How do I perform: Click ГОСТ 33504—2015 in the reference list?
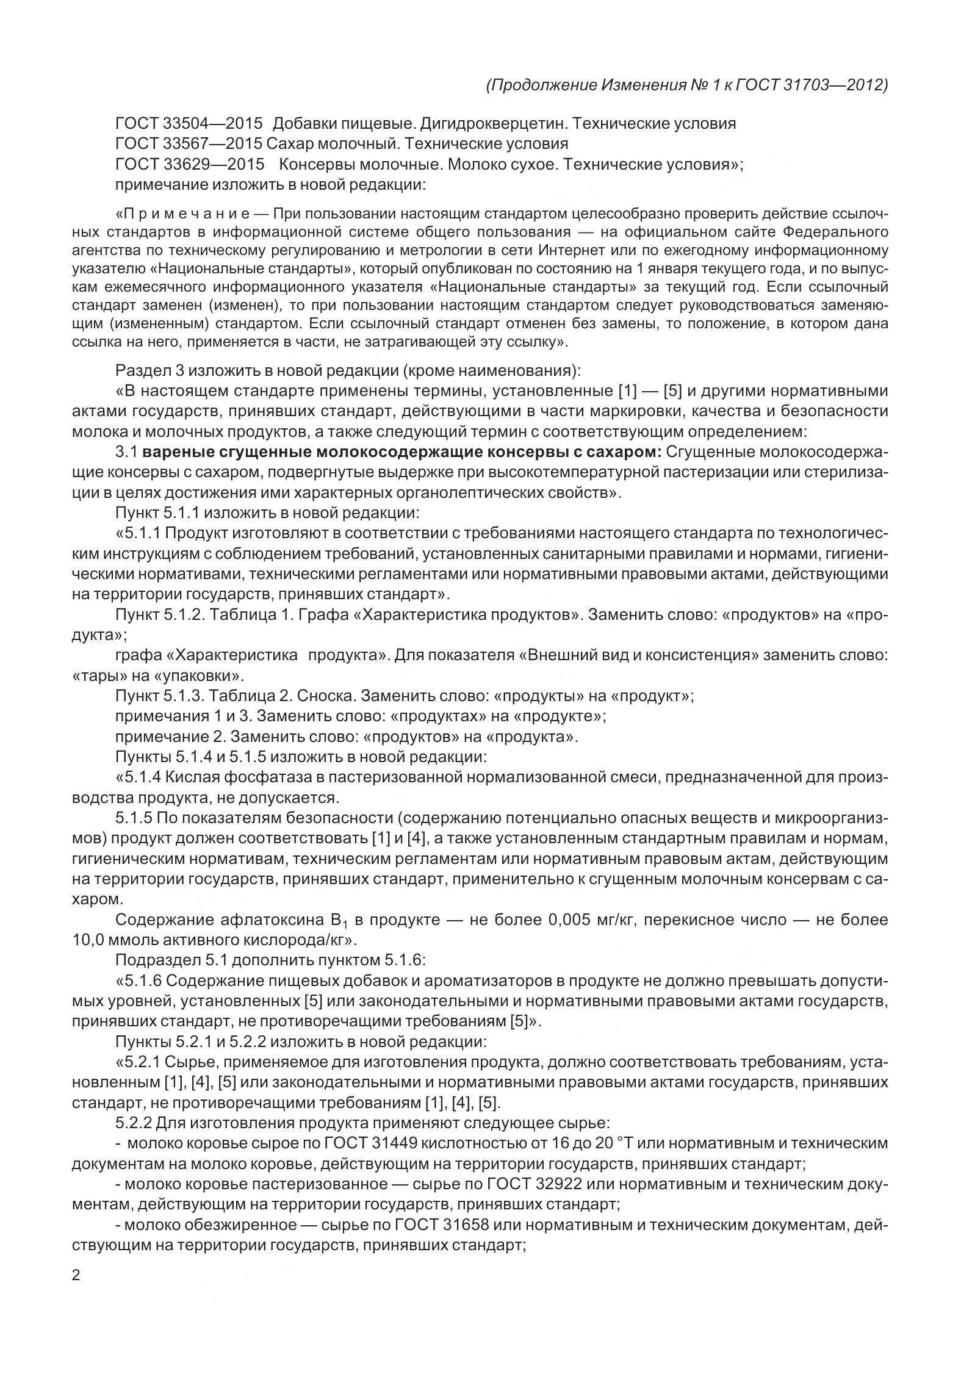point(189,124)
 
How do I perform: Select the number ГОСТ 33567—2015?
point(189,144)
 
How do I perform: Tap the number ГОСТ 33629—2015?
point(189,165)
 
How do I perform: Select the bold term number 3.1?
point(127,452)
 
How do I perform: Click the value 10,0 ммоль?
point(113,940)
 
